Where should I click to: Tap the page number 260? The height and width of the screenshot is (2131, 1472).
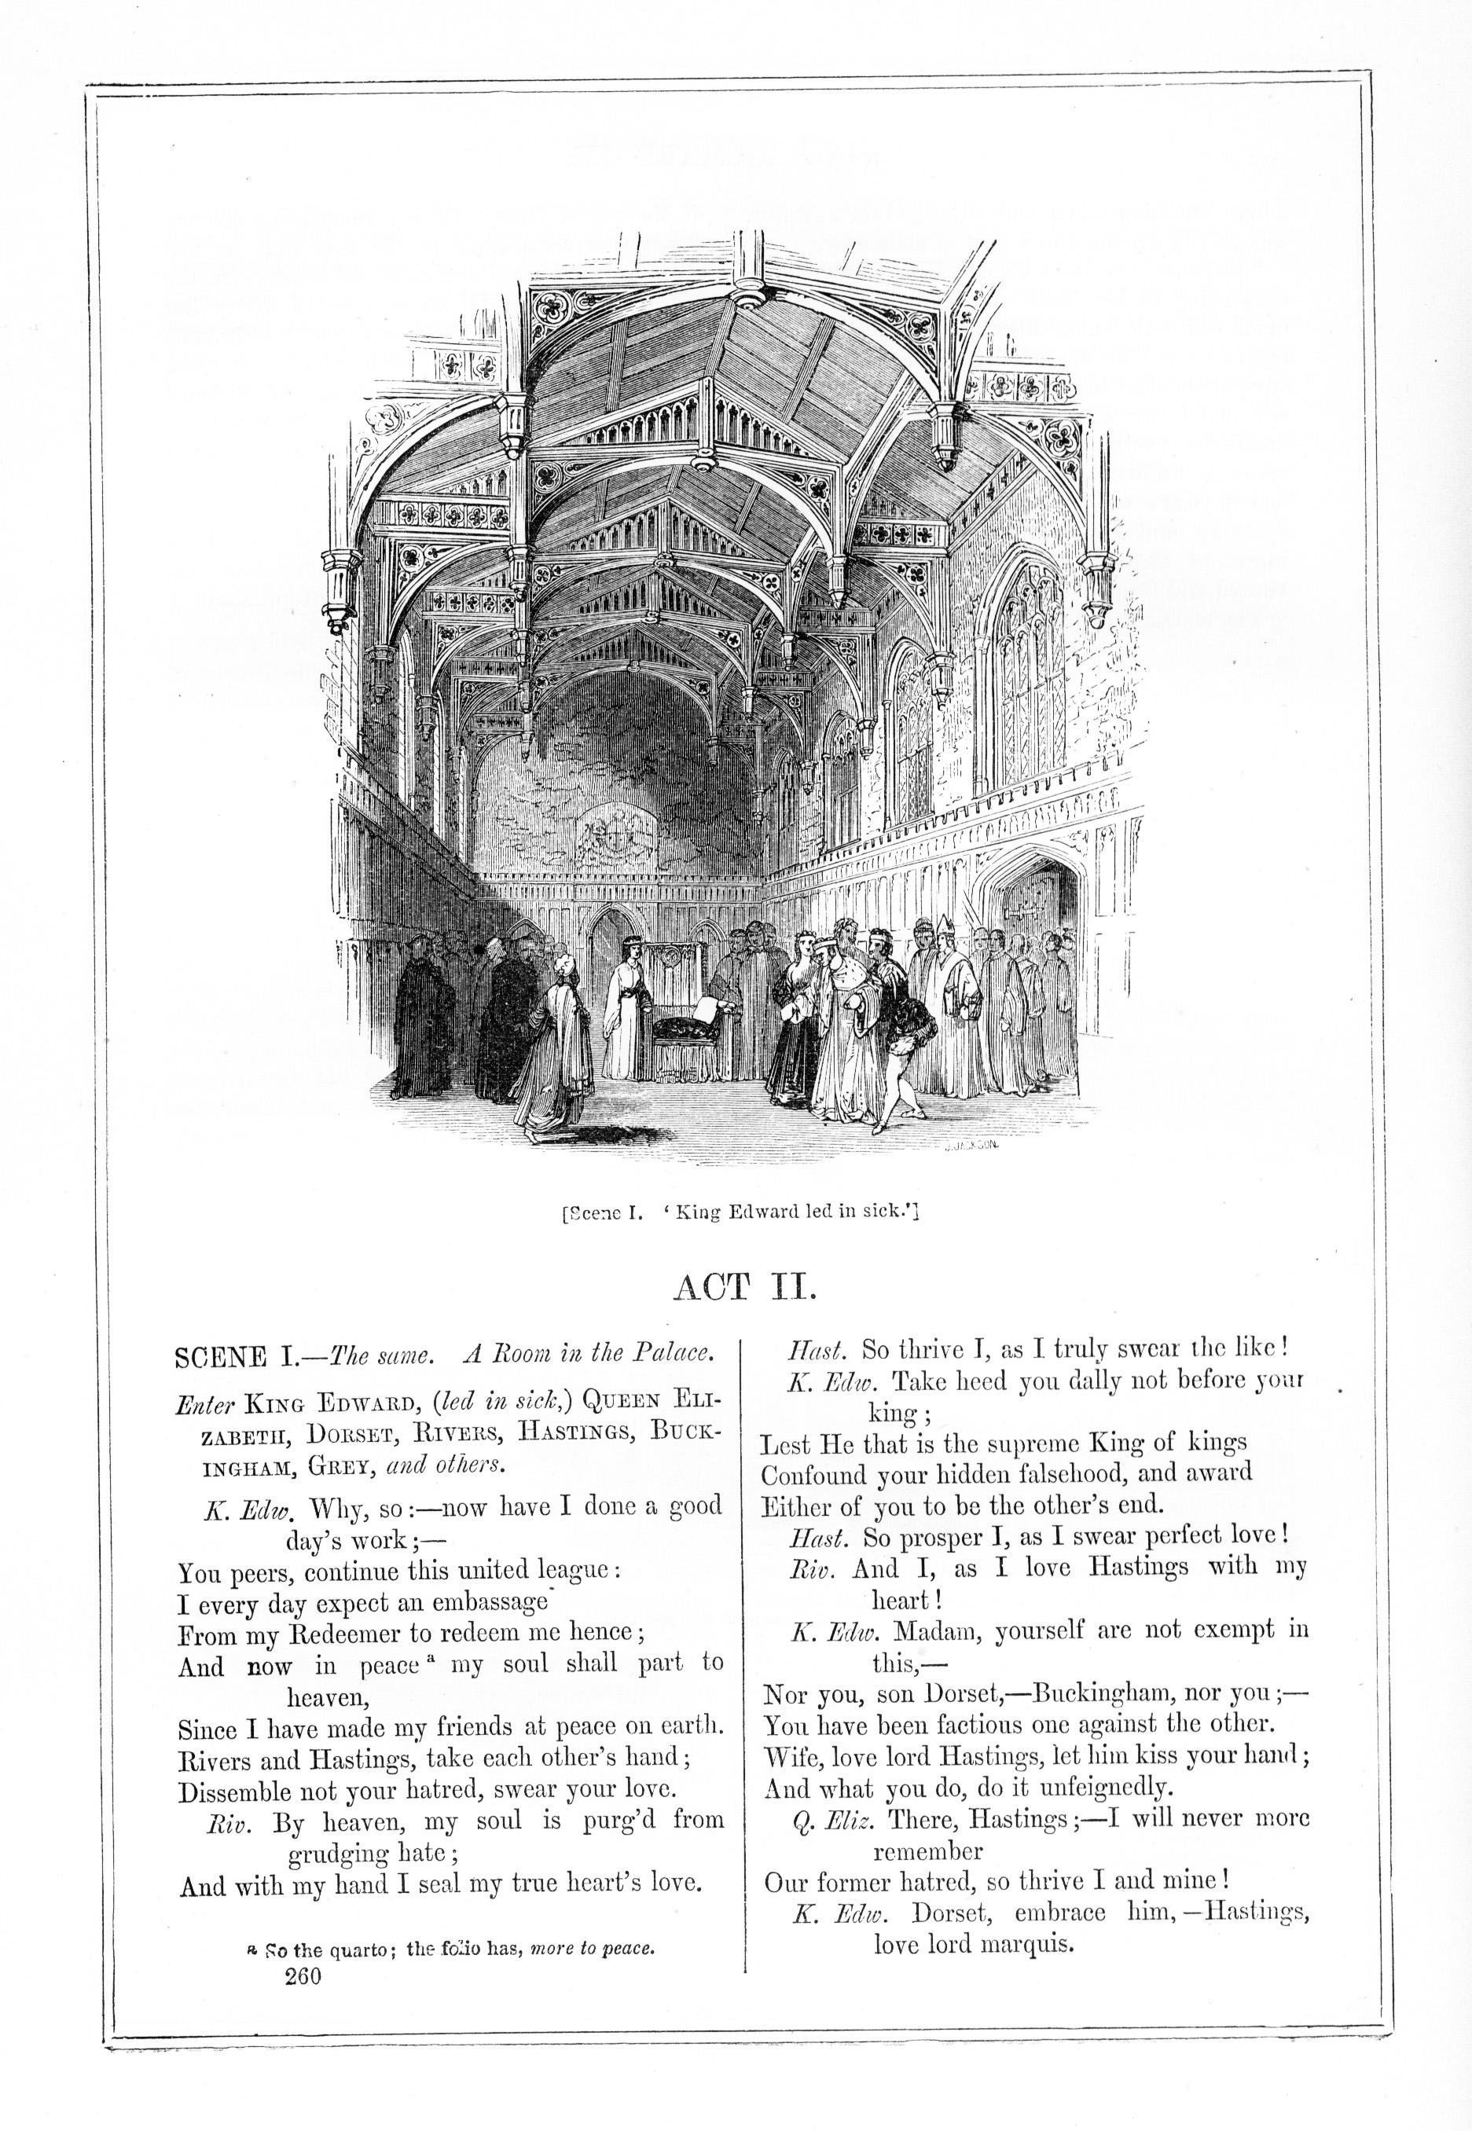coord(303,1977)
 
